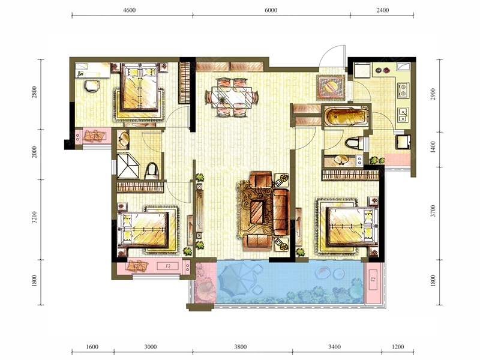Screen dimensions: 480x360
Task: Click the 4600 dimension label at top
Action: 129,10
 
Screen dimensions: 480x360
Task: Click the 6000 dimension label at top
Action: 271,10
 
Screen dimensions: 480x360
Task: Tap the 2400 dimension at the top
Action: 383,10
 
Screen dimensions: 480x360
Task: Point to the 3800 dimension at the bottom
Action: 241,347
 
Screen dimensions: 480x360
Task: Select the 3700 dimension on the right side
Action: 433,211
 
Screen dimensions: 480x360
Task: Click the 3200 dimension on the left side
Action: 34,217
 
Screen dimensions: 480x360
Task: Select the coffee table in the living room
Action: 257,211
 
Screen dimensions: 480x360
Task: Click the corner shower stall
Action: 128,166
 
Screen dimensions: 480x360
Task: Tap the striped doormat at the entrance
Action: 331,87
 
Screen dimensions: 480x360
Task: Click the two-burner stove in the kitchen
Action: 403,90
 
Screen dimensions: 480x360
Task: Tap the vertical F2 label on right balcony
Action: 373,279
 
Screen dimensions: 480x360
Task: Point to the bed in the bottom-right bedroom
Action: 352,227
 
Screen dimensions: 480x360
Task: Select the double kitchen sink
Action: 403,115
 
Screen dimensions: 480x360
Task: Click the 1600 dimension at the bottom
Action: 92,347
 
